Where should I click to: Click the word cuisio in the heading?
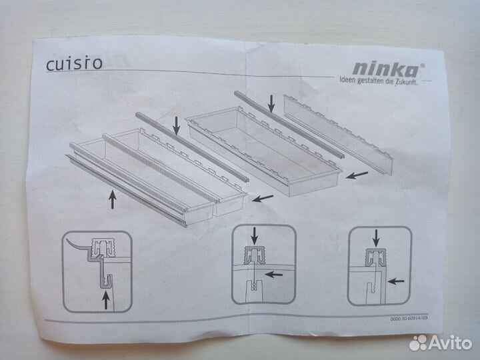[x=74, y=65]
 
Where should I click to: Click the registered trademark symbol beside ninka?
[x=421, y=58]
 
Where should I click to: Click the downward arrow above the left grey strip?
[x=176, y=123]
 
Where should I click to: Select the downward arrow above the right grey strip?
[x=271, y=103]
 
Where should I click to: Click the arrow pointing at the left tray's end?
[x=261, y=197]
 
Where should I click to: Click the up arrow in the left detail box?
[x=105, y=300]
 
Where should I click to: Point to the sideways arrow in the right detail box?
[x=397, y=281]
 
